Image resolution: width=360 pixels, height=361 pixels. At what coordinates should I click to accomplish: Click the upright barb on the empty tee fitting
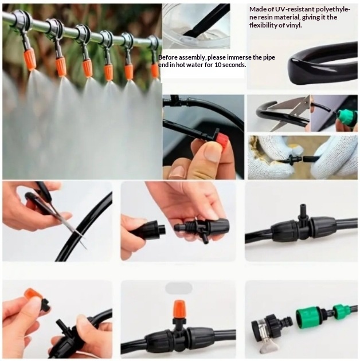tap(302, 211)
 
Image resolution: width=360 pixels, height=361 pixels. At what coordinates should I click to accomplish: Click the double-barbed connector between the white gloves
tap(292, 159)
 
